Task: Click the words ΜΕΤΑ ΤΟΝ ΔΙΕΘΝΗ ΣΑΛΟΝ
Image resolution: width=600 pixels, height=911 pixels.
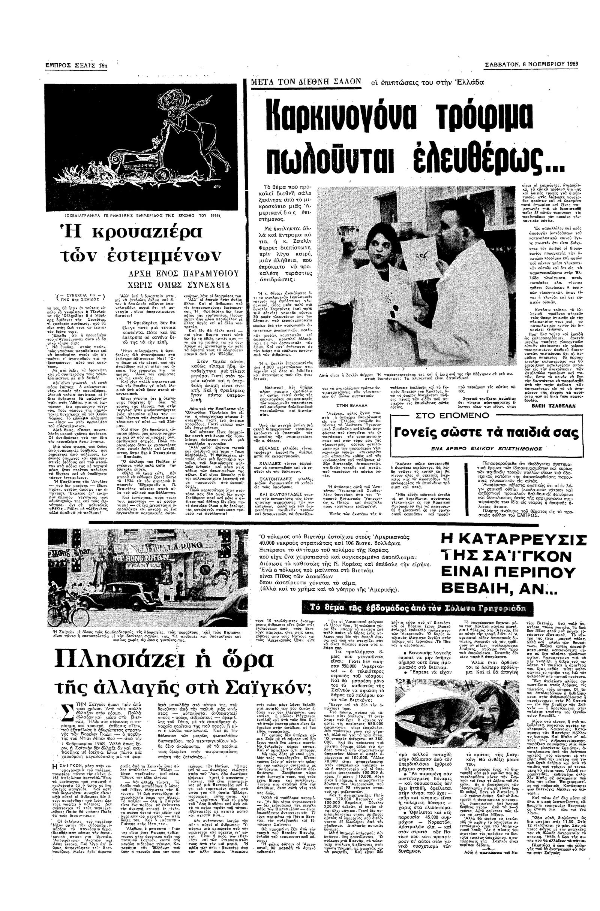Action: pos(306,81)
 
